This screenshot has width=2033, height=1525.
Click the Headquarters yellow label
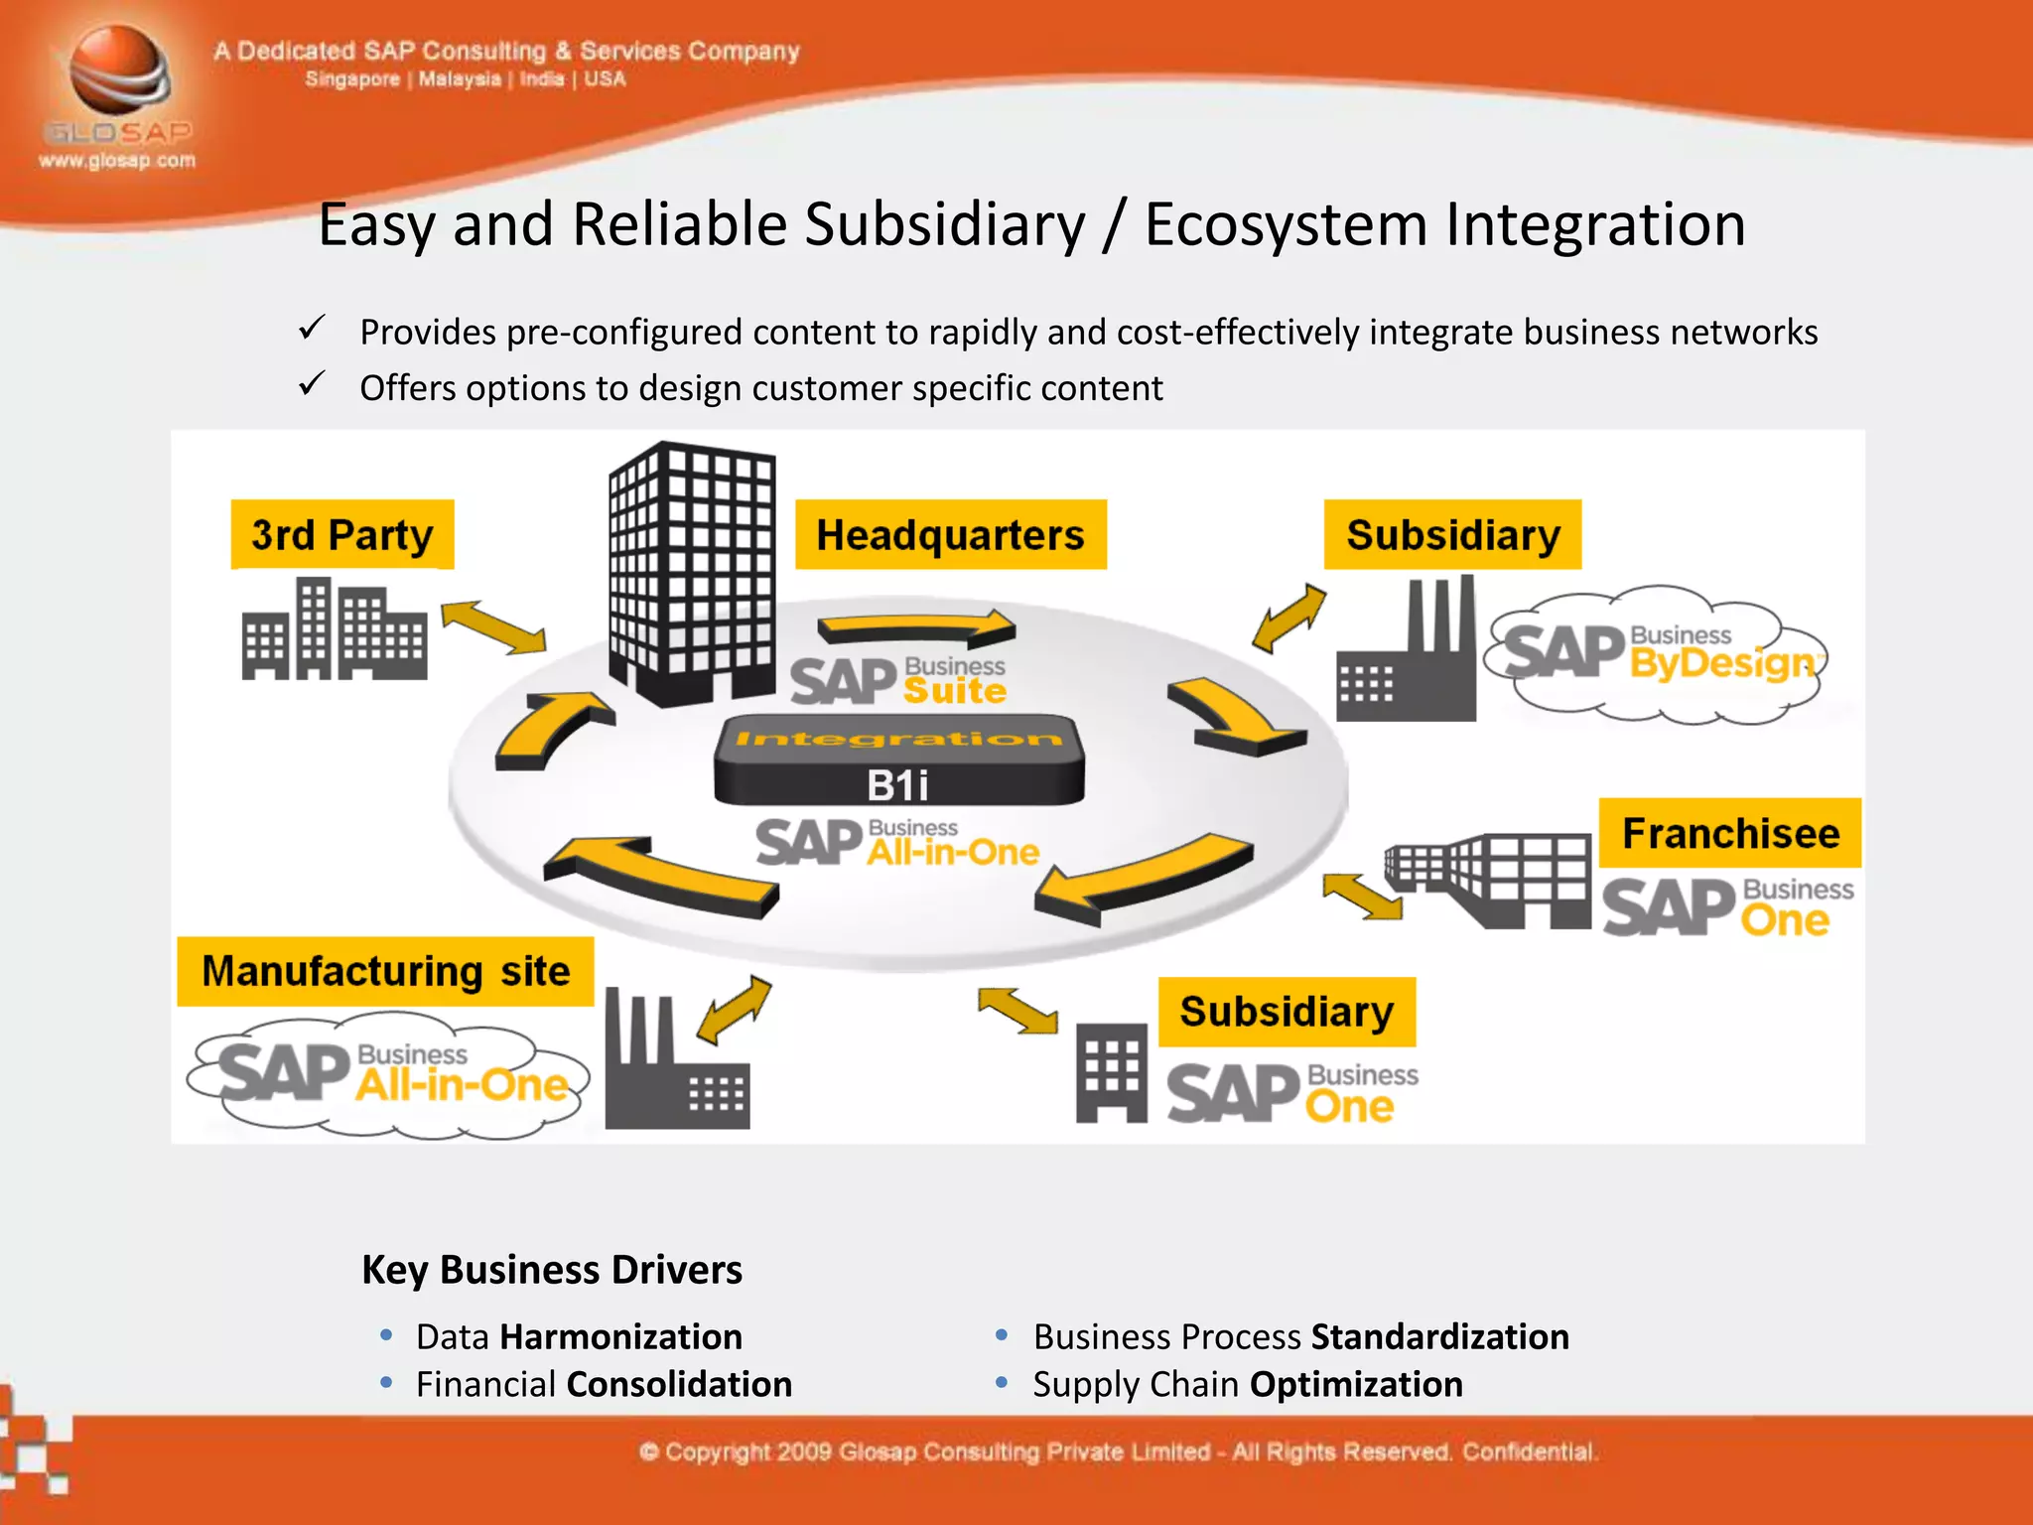tap(950, 535)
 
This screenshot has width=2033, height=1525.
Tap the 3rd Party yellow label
tap(342, 535)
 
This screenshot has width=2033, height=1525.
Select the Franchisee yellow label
tap(1729, 833)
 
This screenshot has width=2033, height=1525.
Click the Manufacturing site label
tap(385, 971)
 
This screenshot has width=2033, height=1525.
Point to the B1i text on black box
tap(897, 785)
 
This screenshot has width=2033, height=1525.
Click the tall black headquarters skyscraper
tap(691, 574)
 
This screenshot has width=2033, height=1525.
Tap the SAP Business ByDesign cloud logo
tap(1656, 654)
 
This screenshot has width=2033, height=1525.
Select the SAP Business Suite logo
tap(897, 680)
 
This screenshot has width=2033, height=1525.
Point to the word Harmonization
tap(620, 1336)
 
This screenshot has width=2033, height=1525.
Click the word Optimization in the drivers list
tap(1356, 1384)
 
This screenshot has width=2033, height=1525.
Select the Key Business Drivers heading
tap(552, 1270)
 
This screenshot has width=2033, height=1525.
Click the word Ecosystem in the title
tap(1287, 224)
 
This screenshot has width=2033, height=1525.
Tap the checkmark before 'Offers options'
tap(312, 384)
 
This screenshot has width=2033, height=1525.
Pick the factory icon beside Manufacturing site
tap(675, 1062)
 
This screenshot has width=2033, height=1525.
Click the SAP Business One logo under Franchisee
tap(1727, 906)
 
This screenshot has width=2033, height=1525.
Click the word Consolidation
tap(679, 1384)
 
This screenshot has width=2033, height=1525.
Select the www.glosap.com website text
tap(117, 160)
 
